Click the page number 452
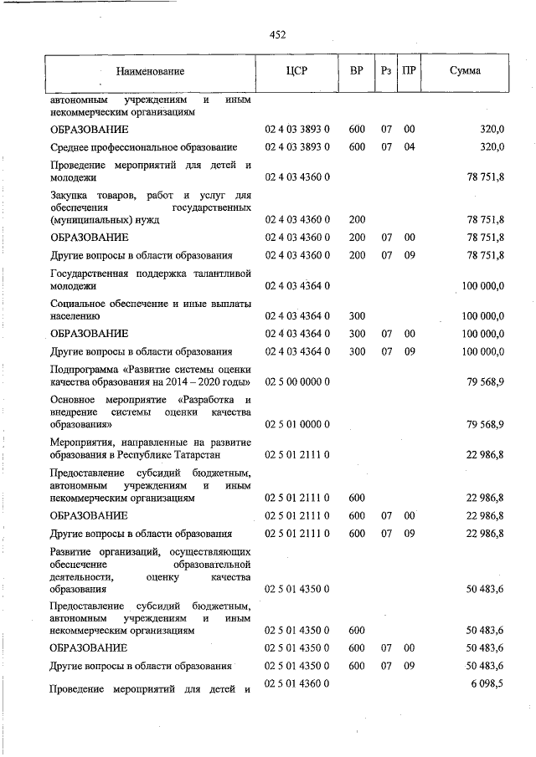278,34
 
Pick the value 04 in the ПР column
410,147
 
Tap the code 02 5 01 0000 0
297,425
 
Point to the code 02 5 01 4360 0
297,684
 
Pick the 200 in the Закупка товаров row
357,220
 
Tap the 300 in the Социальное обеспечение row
357,316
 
